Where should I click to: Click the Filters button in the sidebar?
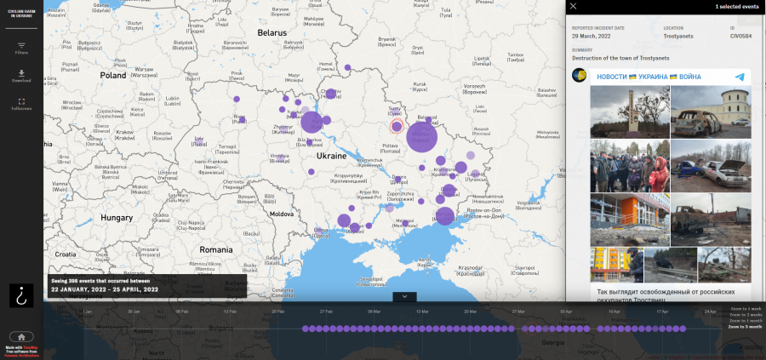(21, 48)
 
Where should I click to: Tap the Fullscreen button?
(21, 103)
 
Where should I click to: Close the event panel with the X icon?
(573, 6)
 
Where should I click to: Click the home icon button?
(21, 336)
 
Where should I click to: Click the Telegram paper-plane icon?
(740, 77)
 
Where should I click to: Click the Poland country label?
(112, 75)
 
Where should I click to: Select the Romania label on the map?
(216, 249)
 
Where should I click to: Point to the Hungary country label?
(117, 217)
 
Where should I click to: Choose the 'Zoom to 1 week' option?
(746, 307)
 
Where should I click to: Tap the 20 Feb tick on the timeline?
(278, 311)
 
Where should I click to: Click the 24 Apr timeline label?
(711, 311)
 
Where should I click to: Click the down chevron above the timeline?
(404, 296)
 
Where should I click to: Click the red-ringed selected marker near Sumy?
(397, 127)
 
